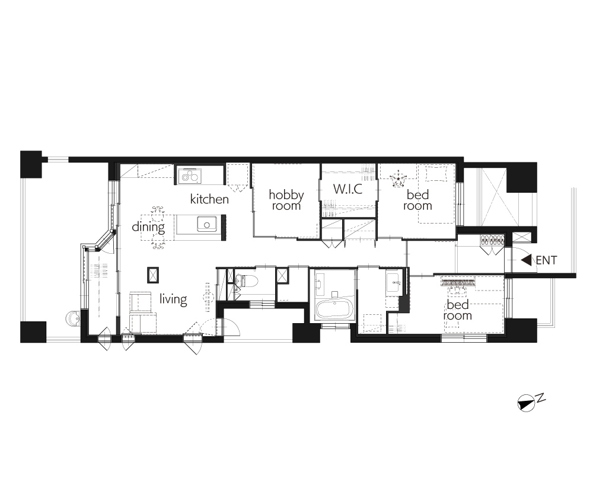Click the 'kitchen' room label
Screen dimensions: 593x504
(x=209, y=199)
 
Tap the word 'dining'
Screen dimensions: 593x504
(x=148, y=227)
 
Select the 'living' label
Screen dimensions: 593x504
(x=173, y=299)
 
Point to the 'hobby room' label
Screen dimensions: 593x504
(x=286, y=200)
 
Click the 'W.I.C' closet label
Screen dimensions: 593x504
(x=347, y=189)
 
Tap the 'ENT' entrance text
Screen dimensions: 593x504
(x=546, y=260)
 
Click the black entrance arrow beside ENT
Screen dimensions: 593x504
(x=527, y=260)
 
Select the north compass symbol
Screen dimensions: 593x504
(x=527, y=403)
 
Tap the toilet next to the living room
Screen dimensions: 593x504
(x=247, y=281)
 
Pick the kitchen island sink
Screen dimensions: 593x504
(x=207, y=224)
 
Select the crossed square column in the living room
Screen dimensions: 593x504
(x=153, y=275)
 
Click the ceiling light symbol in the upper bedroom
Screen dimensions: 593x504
(x=397, y=180)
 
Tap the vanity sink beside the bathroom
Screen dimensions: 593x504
(x=396, y=281)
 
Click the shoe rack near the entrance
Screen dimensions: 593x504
(x=492, y=240)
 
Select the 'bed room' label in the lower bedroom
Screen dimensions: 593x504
(x=458, y=310)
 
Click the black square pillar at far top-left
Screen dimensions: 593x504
(x=31, y=164)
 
